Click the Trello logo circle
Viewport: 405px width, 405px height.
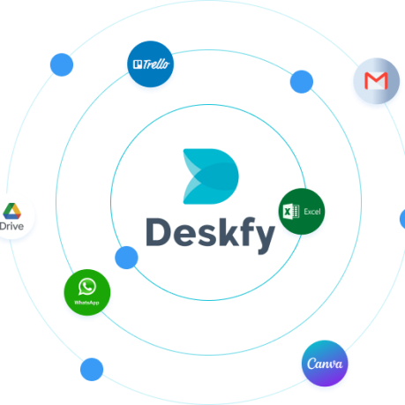150,64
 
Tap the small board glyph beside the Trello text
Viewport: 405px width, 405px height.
138,64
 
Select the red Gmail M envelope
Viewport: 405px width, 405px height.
376,80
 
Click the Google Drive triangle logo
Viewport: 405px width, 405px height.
12,211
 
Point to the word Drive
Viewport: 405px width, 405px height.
11,226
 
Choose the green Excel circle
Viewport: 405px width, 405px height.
302,212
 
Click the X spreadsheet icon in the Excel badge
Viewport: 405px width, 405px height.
291,211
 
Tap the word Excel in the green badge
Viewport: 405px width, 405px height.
312,212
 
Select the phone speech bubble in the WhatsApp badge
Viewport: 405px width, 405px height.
87,287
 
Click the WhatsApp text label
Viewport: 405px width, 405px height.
86,303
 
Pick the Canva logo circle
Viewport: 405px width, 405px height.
325,364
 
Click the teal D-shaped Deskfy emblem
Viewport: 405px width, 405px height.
211,176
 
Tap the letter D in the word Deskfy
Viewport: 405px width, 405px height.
158,232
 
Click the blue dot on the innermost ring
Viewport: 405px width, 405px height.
126,258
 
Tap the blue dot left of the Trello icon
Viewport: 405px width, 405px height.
62,64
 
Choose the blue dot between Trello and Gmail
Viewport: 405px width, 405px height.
302,82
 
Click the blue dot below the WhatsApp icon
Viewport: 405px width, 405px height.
92,370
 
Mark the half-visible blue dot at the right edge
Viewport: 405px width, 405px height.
402,219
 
